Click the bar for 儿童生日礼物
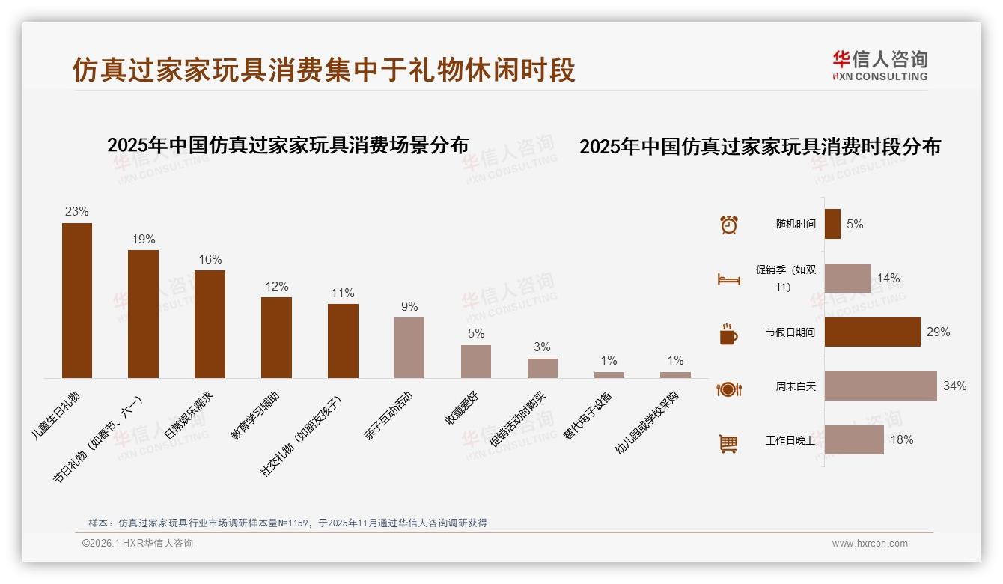click(x=77, y=300)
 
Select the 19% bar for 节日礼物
click(x=143, y=314)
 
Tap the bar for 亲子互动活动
click(x=409, y=347)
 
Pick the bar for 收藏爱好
click(x=476, y=361)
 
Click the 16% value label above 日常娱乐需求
click(x=210, y=260)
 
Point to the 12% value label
click(x=277, y=287)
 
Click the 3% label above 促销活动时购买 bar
click(x=542, y=347)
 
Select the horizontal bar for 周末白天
click(x=881, y=386)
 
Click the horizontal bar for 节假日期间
click(x=873, y=332)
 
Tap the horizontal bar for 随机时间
click(x=833, y=224)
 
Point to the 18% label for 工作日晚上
click(x=902, y=440)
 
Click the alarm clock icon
click(x=728, y=225)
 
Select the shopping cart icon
click(x=728, y=443)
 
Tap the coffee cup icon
click(x=728, y=334)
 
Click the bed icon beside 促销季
click(x=728, y=279)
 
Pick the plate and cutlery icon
click(x=728, y=389)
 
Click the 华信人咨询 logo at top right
click(x=879, y=65)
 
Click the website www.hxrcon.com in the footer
click(x=870, y=544)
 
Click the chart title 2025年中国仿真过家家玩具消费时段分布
click(x=760, y=147)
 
